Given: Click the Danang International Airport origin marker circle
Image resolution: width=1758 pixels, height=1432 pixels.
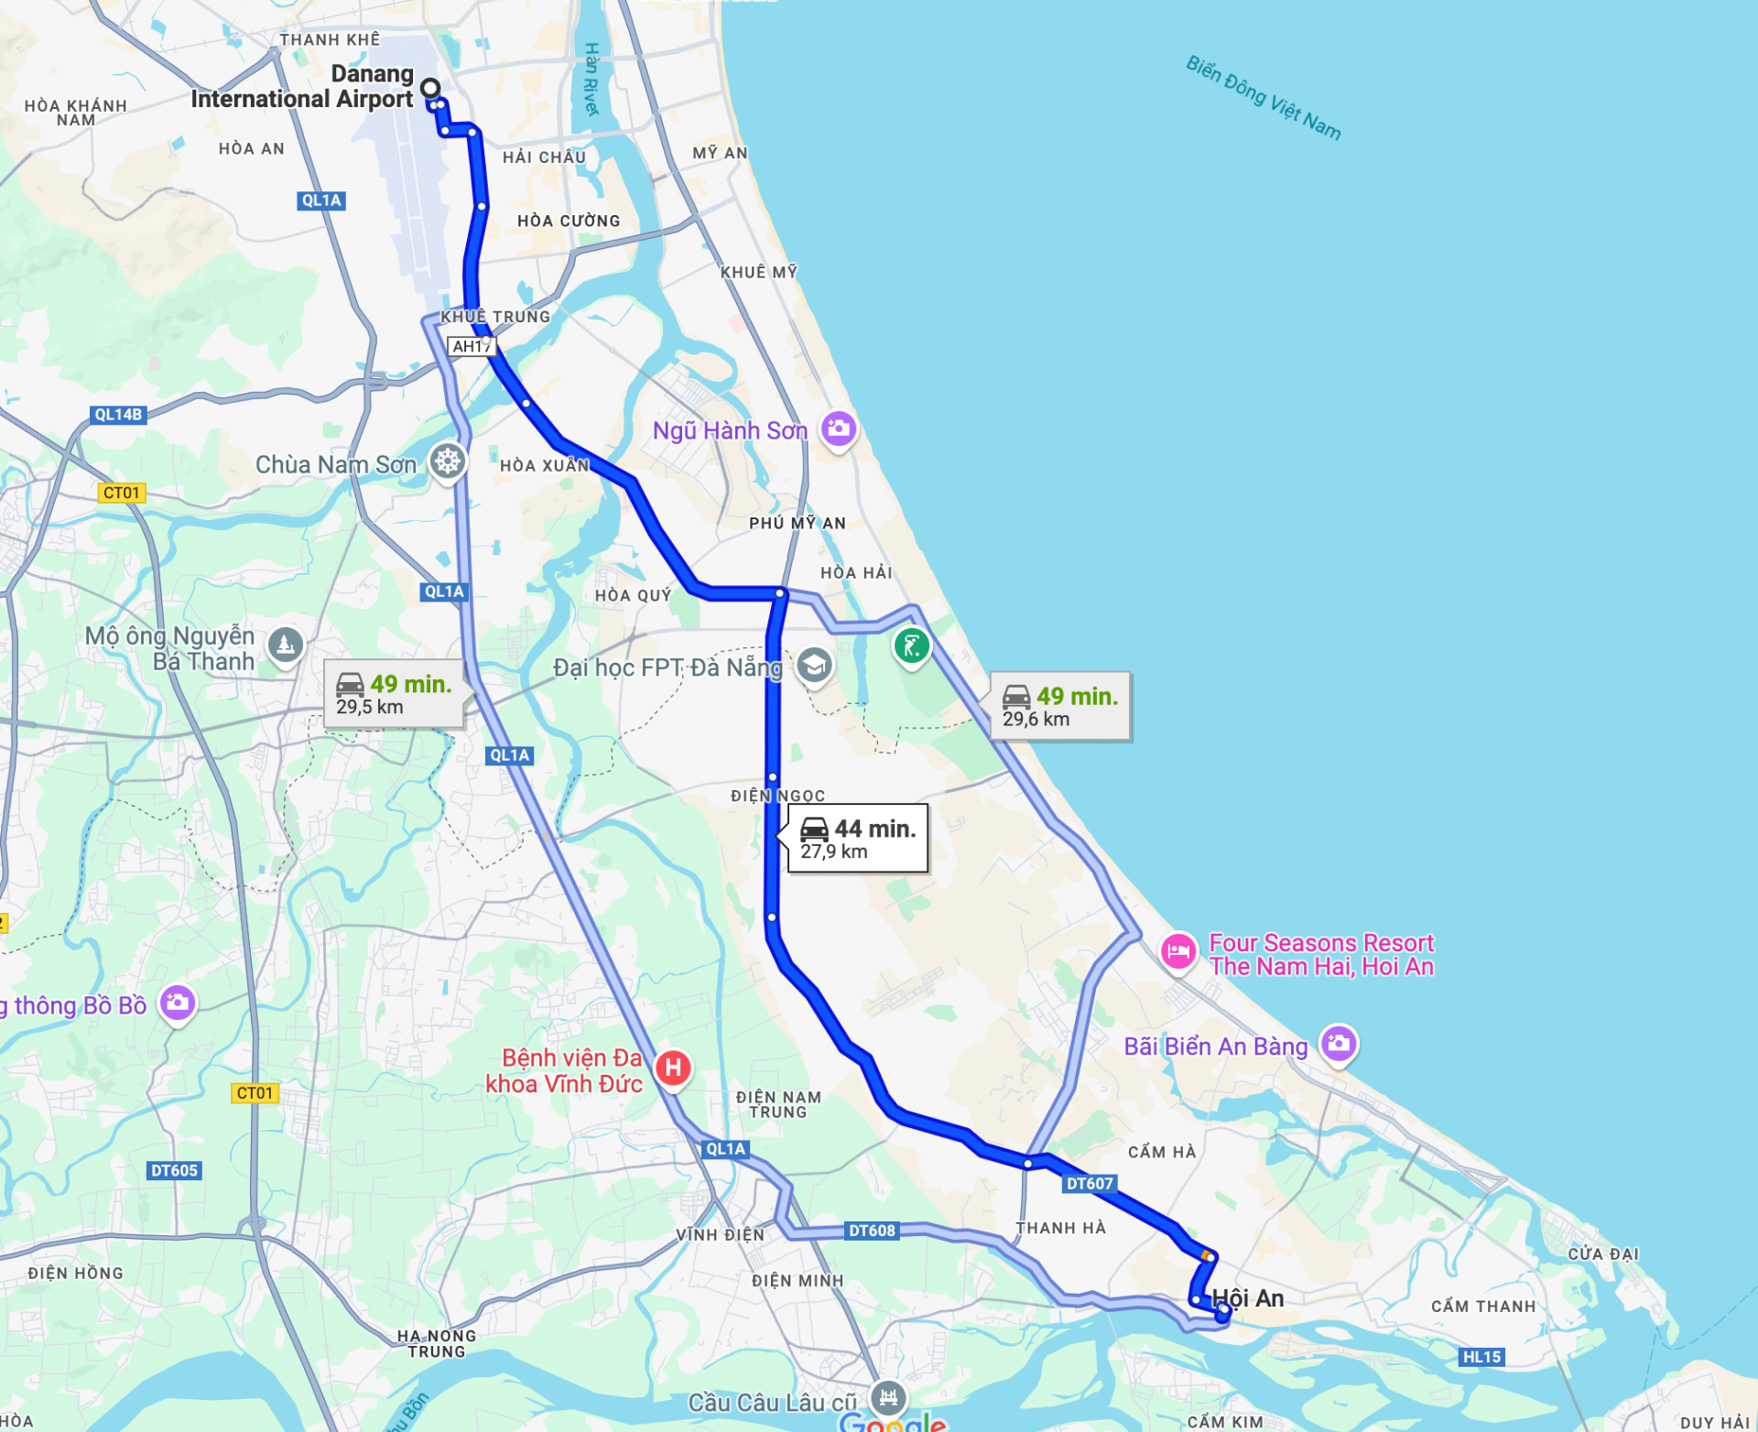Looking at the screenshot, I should (x=430, y=89).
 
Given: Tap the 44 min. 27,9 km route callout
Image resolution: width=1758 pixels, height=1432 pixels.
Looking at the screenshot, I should (x=857, y=839).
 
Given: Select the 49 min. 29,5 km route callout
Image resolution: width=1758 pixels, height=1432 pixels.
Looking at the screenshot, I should (x=394, y=694).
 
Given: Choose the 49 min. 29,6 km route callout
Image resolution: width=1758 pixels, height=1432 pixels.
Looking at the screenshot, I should (x=1059, y=706).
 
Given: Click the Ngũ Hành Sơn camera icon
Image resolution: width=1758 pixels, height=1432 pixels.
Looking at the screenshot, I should (x=838, y=429).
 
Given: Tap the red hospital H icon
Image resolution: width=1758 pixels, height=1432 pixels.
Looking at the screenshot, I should (x=673, y=1067).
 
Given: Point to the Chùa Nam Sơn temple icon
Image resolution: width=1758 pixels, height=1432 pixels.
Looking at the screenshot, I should (x=448, y=461).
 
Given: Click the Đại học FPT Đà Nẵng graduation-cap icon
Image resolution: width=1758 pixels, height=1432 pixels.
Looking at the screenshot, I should (x=814, y=666).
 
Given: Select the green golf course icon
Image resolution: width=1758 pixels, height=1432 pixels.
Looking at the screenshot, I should (x=911, y=646).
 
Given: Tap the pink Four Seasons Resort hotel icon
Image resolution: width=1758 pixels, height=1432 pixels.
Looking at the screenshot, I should (x=1177, y=951).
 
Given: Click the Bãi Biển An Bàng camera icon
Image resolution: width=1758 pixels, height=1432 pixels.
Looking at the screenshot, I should (x=1338, y=1043).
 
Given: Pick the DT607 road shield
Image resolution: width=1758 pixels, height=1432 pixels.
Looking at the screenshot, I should (x=1089, y=1184).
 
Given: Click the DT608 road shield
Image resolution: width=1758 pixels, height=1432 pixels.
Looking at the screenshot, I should (x=872, y=1231).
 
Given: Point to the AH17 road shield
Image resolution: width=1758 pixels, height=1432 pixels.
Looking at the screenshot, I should (x=472, y=346).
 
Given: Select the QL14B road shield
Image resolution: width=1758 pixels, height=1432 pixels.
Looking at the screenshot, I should (x=118, y=415).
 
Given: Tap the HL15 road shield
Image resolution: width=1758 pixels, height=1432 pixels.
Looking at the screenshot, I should (x=1481, y=1357).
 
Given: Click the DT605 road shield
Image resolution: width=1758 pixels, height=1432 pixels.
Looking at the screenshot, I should (x=174, y=1170).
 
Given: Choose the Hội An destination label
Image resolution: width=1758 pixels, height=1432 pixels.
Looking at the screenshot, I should (x=1247, y=1298).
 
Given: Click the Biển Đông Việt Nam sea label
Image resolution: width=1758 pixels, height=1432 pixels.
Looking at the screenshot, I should (x=1263, y=98).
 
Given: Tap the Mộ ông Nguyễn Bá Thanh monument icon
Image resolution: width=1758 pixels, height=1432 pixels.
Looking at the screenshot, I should (x=286, y=645).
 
